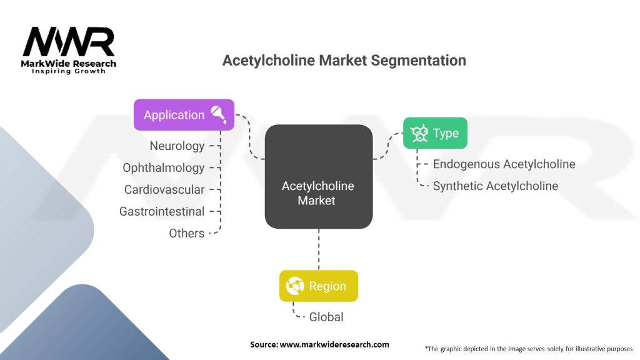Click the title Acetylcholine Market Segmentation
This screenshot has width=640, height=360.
coord(344,61)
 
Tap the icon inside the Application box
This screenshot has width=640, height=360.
coord(219,114)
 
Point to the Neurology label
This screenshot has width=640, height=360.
coord(177,146)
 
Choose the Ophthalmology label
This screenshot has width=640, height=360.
coord(164,167)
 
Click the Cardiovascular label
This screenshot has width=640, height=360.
coord(164,189)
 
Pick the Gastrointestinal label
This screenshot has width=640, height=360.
coord(162,211)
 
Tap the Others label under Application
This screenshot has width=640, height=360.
coord(186,233)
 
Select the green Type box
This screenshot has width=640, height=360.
coord(434,133)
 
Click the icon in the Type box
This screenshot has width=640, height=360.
coord(419,133)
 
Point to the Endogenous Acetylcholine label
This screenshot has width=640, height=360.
coord(504,164)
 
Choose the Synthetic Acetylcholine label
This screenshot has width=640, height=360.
coord(496,186)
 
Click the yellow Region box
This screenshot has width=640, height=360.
coord(318,286)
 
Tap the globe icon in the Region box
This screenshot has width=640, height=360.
coord(294,286)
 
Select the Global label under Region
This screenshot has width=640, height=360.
coord(326,317)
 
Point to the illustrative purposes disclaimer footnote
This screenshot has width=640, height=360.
coord(529,348)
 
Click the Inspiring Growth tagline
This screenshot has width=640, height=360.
coord(69,71)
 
